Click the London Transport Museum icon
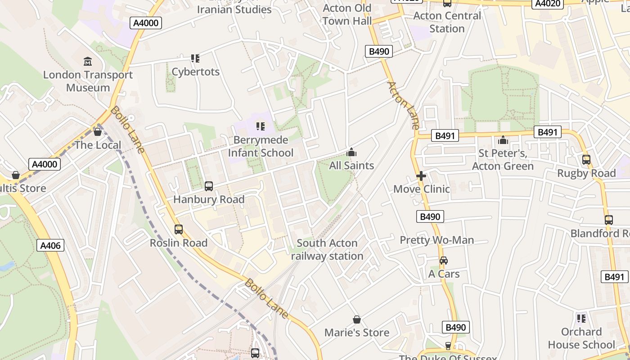click(x=88, y=61)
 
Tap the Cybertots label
click(x=196, y=72)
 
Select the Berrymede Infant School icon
click(x=260, y=126)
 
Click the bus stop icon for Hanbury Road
click(x=209, y=186)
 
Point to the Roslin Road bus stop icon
click(x=179, y=229)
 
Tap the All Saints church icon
click(x=351, y=152)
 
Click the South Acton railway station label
click(x=327, y=250)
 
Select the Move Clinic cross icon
click(x=421, y=176)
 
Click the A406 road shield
click(x=50, y=245)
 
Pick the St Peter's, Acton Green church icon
click(x=503, y=140)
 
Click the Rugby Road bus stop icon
click(x=586, y=160)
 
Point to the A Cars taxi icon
click(x=444, y=261)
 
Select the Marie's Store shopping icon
click(x=357, y=319)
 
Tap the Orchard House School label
click(x=581, y=338)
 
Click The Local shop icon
click(x=97, y=132)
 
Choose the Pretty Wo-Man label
click(x=437, y=240)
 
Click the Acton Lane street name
click(x=403, y=106)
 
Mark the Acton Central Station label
click(x=447, y=22)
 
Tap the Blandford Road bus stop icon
click(x=609, y=220)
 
